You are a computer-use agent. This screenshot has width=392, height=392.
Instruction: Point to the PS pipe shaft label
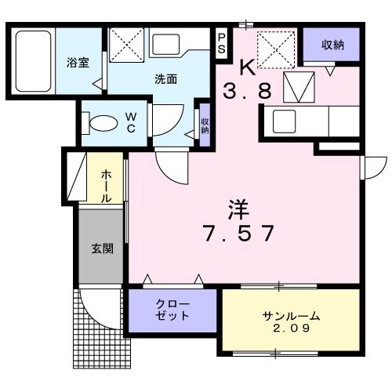coord(222,42)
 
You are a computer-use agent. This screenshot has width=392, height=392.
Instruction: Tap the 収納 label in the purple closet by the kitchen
coord(333,45)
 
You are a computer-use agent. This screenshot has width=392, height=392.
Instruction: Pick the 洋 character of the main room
coord(239,209)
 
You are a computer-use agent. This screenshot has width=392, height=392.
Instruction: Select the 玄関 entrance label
coord(102,249)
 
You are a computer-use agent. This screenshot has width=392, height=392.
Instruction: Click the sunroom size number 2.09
coord(290,329)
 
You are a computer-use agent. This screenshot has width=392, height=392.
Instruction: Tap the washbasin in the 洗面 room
coord(166,45)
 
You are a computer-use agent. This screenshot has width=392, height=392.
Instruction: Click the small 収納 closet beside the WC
coord(205,125)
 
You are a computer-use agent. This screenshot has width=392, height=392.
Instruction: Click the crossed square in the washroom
coord(126,44)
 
